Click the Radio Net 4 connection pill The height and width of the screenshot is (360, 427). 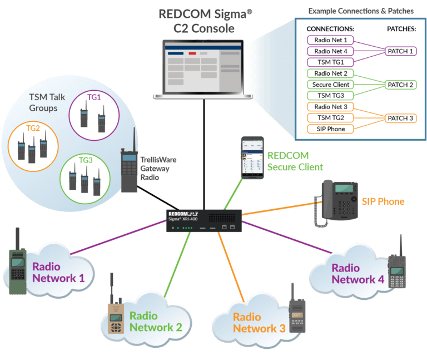(331, 51)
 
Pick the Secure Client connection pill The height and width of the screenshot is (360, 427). (331, 85)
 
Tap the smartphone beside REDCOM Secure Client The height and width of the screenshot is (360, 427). (251, 157)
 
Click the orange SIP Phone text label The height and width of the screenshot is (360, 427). (383, 201)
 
